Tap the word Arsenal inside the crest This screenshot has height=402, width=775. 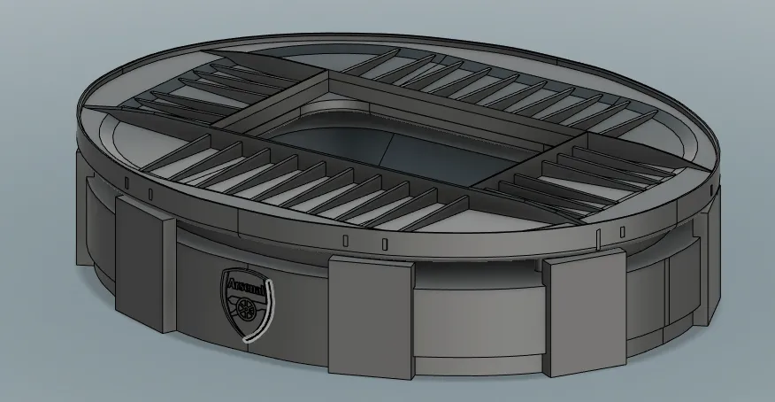click(245, 287)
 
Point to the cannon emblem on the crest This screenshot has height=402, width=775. click(245, 309)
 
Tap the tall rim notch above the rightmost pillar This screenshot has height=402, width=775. click(599, 236)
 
